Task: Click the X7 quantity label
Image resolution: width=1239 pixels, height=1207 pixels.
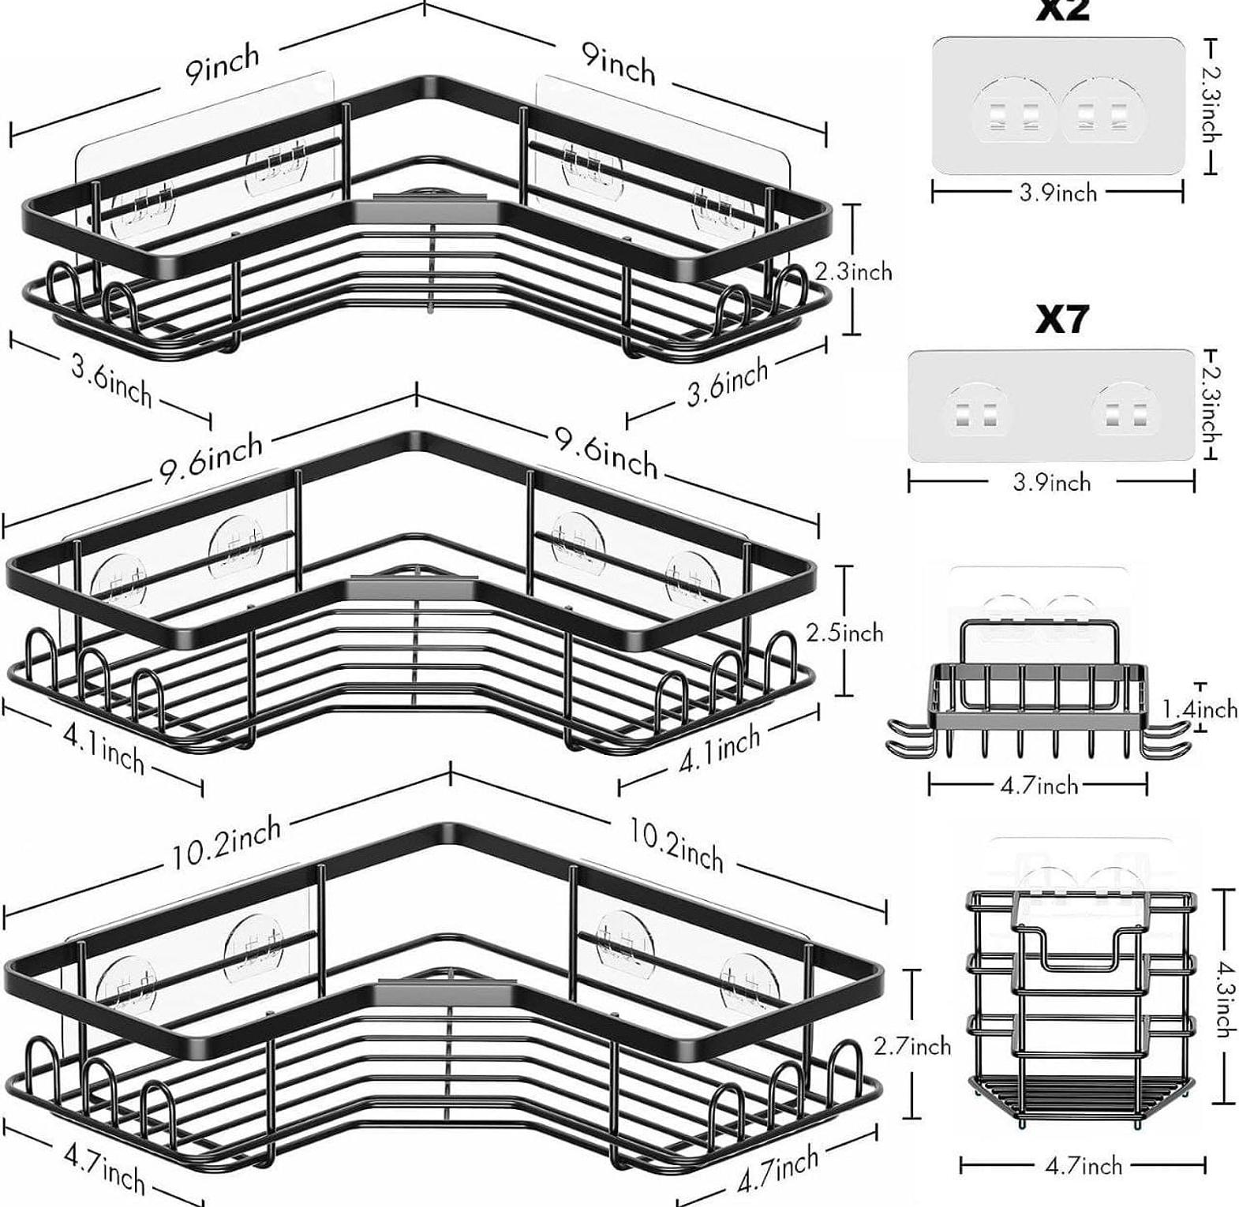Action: click(1061, 319)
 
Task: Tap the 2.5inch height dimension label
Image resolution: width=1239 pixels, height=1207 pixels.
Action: click(845, 633)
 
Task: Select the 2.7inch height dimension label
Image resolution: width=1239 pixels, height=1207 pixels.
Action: click(912, 1046)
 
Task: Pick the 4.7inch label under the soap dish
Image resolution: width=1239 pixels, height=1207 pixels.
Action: click(1039, 785)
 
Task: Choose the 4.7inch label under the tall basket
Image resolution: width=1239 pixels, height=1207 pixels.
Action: click(1083, 1165)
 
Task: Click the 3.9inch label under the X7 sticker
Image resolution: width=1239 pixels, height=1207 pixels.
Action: click(1052, 481)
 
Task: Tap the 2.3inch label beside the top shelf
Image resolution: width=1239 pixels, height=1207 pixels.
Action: click(854, 271)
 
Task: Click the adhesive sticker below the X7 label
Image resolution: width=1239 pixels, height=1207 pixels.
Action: click(1051, 406)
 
